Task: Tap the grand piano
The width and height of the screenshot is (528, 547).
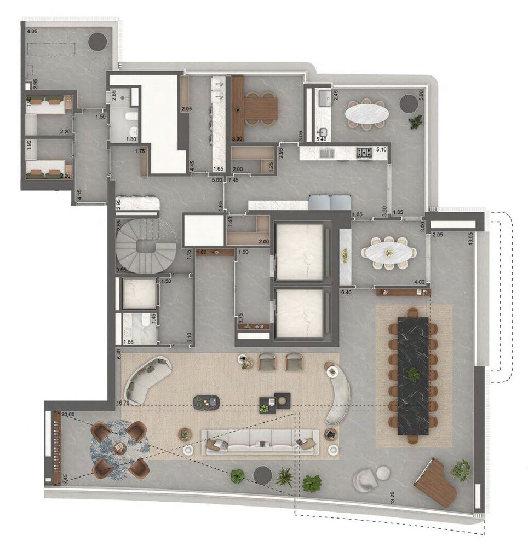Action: (436, 481)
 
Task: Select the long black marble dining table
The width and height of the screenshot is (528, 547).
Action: (412, 375)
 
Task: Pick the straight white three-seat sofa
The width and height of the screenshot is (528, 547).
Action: (260, 440)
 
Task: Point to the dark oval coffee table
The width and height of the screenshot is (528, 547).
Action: (207, 403)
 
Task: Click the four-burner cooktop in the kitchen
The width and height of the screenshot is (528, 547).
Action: (364, 153)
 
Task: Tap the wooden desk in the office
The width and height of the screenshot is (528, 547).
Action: (260, 109)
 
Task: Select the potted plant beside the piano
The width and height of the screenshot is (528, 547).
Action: (461, 469)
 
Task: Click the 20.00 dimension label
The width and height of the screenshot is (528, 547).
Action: (68, 415)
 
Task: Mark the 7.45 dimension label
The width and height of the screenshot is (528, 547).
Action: (233, 179)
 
